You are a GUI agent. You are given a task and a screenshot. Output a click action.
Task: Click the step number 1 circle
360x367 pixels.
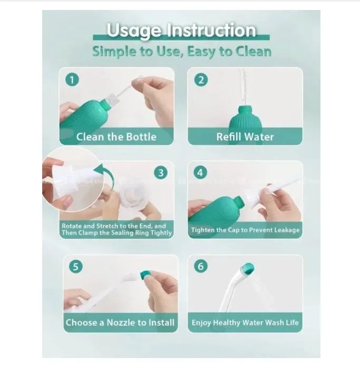tap(72, 80)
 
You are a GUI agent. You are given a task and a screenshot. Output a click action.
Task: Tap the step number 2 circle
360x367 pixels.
tap(201, 80)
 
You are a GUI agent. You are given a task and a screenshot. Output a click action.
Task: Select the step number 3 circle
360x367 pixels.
tap(161, 173)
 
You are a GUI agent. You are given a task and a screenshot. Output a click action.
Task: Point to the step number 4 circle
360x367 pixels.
tap(200, 172)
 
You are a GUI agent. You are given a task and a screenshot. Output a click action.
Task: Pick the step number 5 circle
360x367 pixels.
tap(76, 266)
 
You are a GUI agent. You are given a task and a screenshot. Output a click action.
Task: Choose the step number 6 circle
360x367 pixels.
tap(201, 266)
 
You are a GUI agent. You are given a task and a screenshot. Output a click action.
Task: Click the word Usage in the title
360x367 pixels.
tap(134, 31)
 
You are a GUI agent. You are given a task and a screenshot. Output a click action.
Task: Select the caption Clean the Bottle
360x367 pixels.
tap(116, 137)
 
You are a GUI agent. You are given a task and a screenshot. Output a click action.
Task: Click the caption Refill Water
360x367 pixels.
tap(245, 137)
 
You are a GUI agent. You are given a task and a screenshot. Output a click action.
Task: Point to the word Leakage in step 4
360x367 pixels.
tap(287, 230)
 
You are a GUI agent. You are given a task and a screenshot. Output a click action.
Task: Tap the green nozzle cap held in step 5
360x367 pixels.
tap(145, 275)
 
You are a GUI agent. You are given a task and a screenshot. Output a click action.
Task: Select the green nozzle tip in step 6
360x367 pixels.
tap(248, 268)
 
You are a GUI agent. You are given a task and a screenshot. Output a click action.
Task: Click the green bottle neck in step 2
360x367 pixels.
tap(245, 111)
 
